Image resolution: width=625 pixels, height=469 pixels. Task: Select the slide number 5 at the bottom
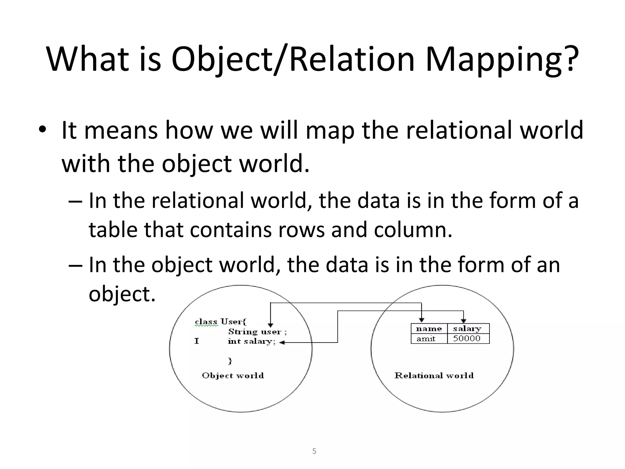coord(314,451)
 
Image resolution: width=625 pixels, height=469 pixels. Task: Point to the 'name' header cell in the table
coord(429,329)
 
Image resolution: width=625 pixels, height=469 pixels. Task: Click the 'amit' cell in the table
coord(426,339)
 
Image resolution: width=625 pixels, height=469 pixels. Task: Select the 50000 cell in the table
coord(467,339)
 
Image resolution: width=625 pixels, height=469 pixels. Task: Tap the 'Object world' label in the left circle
coord(233,376)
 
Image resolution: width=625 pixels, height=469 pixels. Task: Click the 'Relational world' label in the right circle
coord(434,376)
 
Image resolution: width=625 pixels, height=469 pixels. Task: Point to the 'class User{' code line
coord(220,322)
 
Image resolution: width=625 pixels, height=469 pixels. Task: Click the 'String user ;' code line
coord(257,332)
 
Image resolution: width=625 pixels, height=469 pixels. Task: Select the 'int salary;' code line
coord(252,342)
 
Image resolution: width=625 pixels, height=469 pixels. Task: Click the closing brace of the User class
coord(230,361)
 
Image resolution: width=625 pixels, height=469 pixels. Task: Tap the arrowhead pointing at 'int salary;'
coord(282,343)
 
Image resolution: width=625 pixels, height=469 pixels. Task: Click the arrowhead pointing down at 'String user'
coord(270,325)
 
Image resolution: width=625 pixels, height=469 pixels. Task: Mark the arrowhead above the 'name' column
coord(421,320)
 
